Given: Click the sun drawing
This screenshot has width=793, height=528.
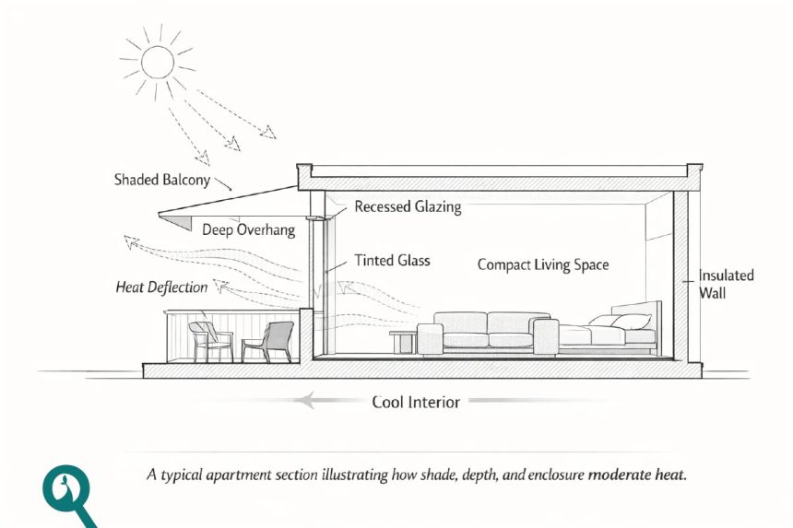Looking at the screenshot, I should point(158,62).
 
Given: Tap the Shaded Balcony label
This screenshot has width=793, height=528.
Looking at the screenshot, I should point(162,179).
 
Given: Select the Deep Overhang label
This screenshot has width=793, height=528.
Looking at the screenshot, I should point(249,229).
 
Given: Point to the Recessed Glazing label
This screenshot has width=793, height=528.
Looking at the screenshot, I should point(408,207).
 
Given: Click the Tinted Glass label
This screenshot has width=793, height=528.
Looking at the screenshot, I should point(392,261).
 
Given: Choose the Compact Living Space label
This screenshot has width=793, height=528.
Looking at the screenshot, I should point(543,264).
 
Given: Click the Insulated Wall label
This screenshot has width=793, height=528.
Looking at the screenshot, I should point(726,284).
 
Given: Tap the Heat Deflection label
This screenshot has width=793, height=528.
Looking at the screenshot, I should point(161,287).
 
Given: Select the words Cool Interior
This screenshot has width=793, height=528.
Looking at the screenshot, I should point(415,402).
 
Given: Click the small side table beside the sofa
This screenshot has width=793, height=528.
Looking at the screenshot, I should point(403,341).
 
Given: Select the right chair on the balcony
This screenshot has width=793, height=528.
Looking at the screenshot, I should point(269,341).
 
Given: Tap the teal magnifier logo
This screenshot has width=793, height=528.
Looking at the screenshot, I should point(66,493).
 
